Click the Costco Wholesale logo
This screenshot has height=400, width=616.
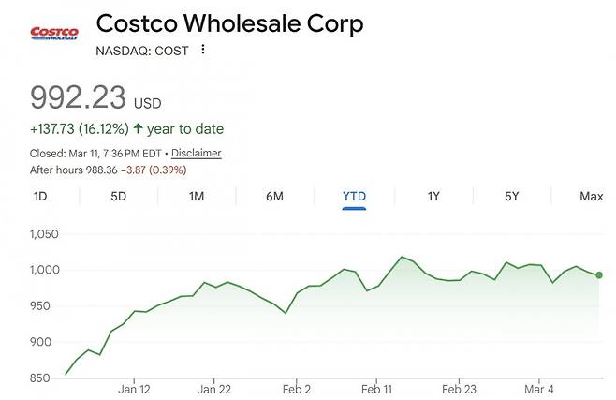[53, 34]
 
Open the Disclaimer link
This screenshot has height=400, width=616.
[197, 153]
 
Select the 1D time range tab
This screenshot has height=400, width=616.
[40, 197]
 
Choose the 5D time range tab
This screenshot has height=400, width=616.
[118, 197]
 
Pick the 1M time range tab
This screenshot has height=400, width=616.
[197, 197]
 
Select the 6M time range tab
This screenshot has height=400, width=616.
[274, 197]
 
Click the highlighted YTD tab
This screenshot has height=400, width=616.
[354, 197]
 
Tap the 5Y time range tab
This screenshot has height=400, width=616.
[511, 197]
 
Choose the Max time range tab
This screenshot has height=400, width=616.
[591, 197]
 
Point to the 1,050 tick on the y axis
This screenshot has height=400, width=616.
[44, 234]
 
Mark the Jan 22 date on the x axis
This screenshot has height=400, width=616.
[214, 388]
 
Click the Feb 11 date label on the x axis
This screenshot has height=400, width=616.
[376, 388]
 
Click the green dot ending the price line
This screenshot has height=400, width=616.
[599, 274]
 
